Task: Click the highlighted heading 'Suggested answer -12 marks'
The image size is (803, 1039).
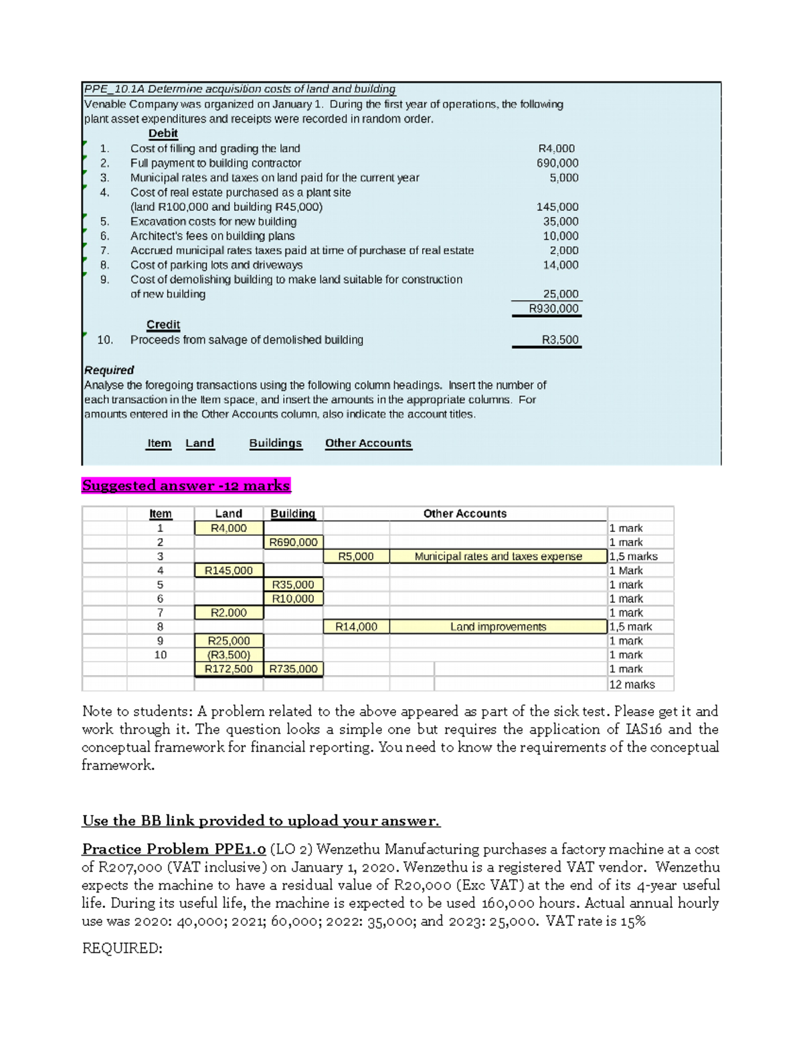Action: pos(186,486)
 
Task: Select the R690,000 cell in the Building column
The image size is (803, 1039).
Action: pos(293,542)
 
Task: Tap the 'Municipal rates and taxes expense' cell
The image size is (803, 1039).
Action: pos(498,556)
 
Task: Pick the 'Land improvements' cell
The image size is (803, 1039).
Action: pos(498,627)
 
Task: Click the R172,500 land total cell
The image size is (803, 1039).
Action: pos(228,669)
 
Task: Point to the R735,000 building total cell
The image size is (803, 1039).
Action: pos(293,669)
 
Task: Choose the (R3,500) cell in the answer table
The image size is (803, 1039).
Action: pos(228,655)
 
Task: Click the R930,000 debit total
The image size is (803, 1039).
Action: pos(553,308)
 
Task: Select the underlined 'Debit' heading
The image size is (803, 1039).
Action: pos(163,133)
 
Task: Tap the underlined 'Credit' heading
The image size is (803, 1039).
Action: pos(163,324)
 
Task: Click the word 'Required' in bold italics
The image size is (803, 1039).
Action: pos(109,370)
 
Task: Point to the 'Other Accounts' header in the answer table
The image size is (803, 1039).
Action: pos(464,514)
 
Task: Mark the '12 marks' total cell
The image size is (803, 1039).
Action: pos(632,684)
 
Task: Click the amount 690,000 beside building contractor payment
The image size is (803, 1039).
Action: pos(557,163)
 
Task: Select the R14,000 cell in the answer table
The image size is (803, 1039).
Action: pos(356,627)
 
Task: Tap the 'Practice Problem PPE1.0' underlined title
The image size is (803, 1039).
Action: pos(174,849)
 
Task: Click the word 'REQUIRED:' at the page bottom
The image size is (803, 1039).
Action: pos(122,948)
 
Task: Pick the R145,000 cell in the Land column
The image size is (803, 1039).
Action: pos(228,571)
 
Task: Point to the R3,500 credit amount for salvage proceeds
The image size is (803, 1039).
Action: pos(560,340)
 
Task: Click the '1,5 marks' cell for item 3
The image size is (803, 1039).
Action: pos(633,556)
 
